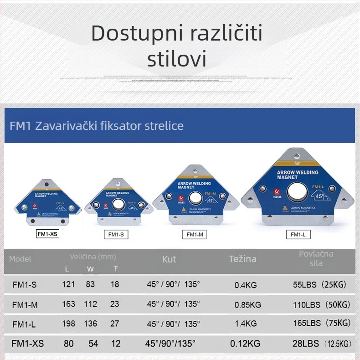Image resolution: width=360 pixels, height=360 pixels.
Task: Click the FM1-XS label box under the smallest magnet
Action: click(48, 235)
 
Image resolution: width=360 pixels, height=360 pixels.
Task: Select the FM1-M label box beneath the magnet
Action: click(195, 235)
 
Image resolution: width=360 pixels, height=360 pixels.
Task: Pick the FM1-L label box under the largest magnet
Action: click(298, 235)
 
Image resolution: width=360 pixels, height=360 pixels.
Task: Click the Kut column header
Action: click(169, 259)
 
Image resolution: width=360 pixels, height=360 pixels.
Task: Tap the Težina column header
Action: click(242, 259)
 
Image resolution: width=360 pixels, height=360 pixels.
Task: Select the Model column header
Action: click(21, 259)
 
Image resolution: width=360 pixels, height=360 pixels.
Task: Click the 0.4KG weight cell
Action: click(246, 285)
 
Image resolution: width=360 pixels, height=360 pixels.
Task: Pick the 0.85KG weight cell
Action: click(248, 304)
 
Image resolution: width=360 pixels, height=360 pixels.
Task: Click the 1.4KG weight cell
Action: click(246, 324)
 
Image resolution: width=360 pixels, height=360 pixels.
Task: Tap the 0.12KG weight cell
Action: click(245, 344)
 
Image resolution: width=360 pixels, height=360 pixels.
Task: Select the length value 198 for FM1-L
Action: click(68, 324)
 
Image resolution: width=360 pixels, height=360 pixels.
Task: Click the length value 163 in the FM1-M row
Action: click(68, 304)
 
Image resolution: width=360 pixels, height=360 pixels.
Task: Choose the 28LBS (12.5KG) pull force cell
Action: click(322, 343)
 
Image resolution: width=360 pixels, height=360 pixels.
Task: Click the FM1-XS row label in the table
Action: click(27, 344)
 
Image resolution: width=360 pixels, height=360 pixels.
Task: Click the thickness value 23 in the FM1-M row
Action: click(114, 304)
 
